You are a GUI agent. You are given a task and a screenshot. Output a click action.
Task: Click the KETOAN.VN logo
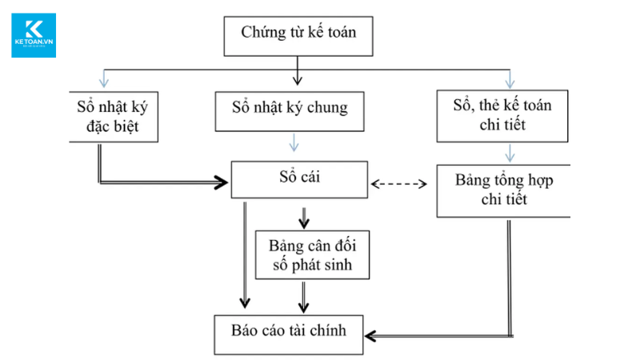point(34,34)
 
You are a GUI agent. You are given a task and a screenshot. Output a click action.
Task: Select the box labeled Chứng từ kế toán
point(298,34)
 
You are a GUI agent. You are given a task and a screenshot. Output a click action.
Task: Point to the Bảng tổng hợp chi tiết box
point(504,190)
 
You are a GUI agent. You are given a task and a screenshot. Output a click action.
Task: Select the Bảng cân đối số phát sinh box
point(313,254)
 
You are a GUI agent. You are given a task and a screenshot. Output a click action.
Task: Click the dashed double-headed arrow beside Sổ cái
point(401,184)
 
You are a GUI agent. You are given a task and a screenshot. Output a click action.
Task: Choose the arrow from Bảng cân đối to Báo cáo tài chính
point(303,298)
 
